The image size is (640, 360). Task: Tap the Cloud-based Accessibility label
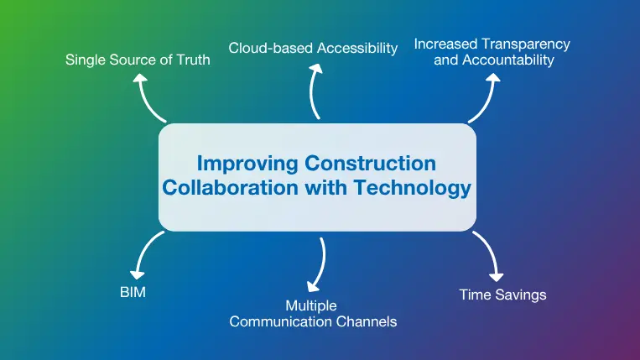click(x=314, y=48)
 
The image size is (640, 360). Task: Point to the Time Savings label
click(x=503, y=295)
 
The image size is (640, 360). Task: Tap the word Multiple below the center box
click(x=311, y=305)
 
